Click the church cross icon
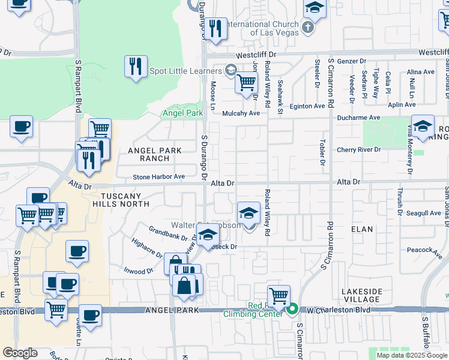(308, 27)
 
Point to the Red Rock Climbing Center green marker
(292, 310)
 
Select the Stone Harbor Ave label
(158, 177)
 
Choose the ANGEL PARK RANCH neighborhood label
(146, 154)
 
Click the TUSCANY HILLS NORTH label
(125, 200)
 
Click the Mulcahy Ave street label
(241, 113)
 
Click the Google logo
(20, 353)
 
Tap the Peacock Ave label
(420, 250)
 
